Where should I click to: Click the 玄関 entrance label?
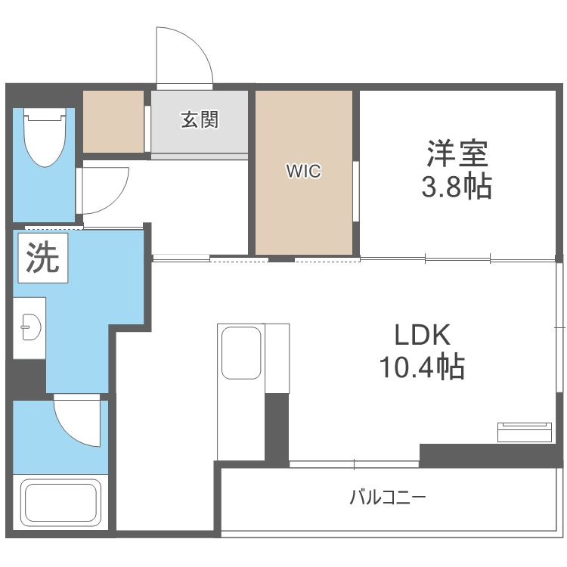point(200,119)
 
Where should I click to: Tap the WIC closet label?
point(303,171)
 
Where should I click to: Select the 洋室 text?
point(457,153)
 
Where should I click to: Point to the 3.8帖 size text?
point(457,187)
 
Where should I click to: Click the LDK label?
point(423,335)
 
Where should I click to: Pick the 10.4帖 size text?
point(422,367)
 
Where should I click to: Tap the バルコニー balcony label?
point(388,497)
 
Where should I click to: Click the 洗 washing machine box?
point(43,258)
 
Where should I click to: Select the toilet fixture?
point(45,138)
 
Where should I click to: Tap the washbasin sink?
point(31,327)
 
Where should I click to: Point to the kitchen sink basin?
point(241,352)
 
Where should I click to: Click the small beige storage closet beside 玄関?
point(113,122)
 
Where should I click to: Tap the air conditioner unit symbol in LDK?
point(525,432)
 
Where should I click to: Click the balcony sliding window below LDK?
point(355,464)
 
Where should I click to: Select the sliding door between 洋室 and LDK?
point(457,259)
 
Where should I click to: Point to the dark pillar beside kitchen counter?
point(277,426)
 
